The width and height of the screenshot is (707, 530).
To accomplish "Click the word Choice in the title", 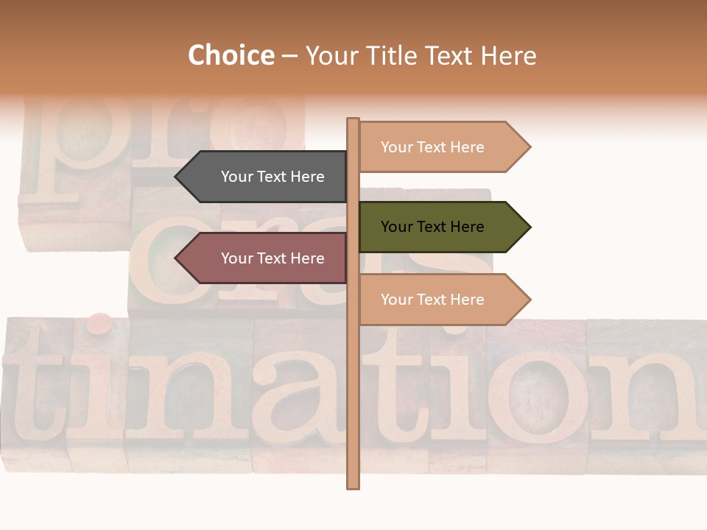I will tap(231, 56).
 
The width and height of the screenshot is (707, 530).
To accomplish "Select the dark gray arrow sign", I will tap(265, 177).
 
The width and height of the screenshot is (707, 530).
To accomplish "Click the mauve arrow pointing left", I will tap(265, 258).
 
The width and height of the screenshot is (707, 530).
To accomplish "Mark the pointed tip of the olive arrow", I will tap(530, 227).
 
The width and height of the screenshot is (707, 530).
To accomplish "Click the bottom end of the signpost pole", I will tap(353, 486).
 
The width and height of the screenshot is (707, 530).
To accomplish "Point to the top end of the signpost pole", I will tap(353, 120).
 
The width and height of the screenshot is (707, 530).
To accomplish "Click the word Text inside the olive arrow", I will tap(433, 227).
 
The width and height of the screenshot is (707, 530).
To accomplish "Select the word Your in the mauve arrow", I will tap(236, 258).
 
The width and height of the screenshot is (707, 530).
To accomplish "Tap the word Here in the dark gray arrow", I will tap(307, 177).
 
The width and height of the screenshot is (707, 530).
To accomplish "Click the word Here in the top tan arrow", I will tap(467, 147).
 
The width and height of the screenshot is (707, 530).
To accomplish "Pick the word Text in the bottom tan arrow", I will tap(433, 300).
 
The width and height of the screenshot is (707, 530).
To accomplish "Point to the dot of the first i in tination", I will tap(98, 322).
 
